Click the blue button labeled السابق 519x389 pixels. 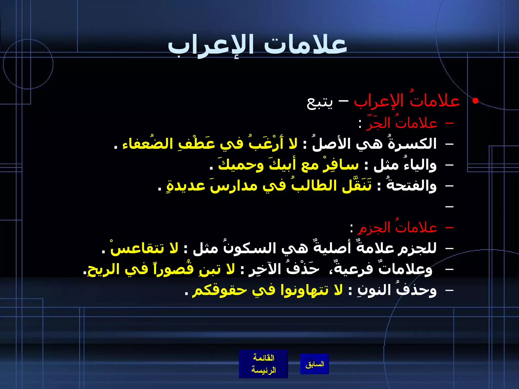(314, 364)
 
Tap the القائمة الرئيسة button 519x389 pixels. (263, 364)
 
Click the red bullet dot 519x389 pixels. (475, 101)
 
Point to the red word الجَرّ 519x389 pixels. (377, 123)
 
